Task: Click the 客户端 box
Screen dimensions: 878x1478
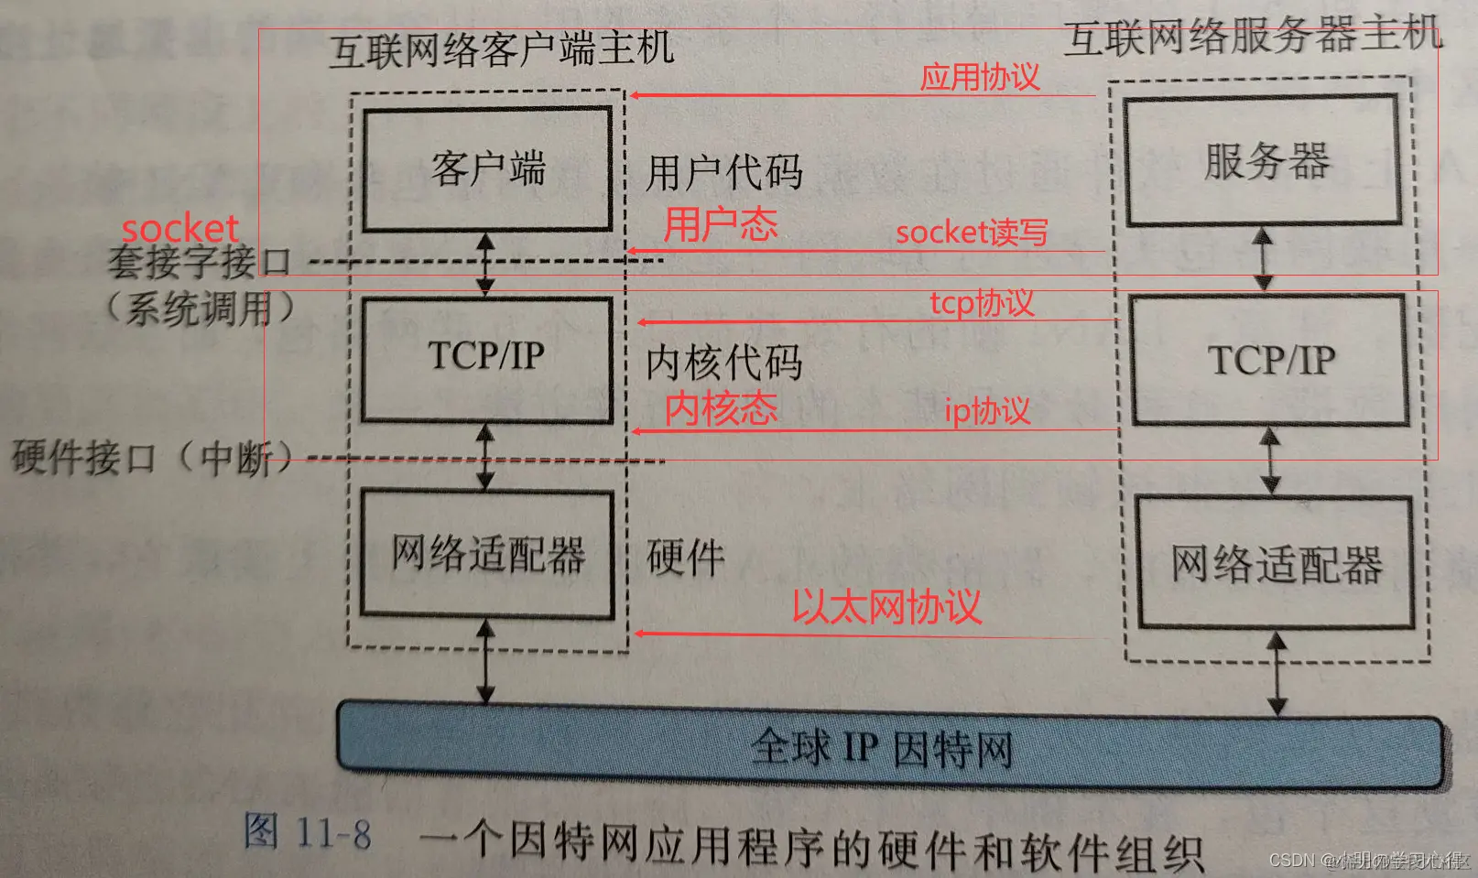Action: [487, 169]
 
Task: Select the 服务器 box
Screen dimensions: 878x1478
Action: [1264, 161]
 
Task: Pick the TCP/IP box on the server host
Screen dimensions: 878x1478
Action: [1270, 360]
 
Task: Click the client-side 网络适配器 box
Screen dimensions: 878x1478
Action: [487, 555]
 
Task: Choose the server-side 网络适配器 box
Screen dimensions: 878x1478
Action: [1276, 564]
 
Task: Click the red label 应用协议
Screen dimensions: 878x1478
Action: [979, 77]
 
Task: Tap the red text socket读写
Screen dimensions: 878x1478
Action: [971, 233]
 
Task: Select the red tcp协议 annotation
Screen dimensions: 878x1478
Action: [981, 303]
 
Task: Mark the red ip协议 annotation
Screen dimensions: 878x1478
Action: [986, 411]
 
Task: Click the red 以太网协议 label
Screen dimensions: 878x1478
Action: [886, 606]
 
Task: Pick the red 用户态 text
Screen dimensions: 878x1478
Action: [721, 224]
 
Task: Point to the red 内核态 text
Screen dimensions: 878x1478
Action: [721, 408]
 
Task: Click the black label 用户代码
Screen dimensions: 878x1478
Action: [723, 173]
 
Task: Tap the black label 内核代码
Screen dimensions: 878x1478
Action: [723, 363]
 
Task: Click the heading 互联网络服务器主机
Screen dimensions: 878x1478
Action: [1253, 38]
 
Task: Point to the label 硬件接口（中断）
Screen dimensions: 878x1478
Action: [151, 457]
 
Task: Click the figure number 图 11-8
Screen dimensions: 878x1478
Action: [308, 833]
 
